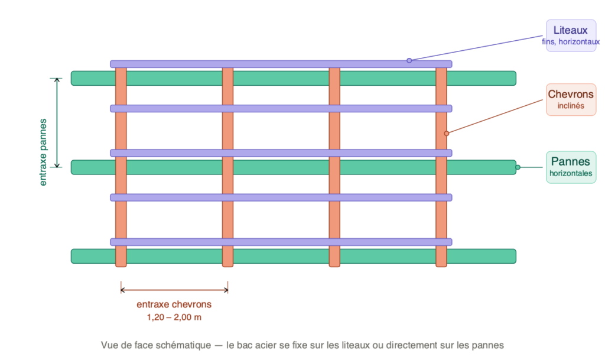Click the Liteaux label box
click(571, 35)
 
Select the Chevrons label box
click(571, 99)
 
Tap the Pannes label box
click(571, 167)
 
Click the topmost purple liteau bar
click(281, 64)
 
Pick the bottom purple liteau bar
click(281, 242)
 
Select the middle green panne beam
click(177, 167)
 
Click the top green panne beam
click(177, 78)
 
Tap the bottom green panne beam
click(177, 256)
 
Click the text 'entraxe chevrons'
click(174, 305)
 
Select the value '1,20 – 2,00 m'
click(174, 317)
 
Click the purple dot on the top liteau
click(409, 60)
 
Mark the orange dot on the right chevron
click(447, 133)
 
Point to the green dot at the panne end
click(518, 167)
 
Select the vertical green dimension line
click(57, 122)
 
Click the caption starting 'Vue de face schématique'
click(302, 345)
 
